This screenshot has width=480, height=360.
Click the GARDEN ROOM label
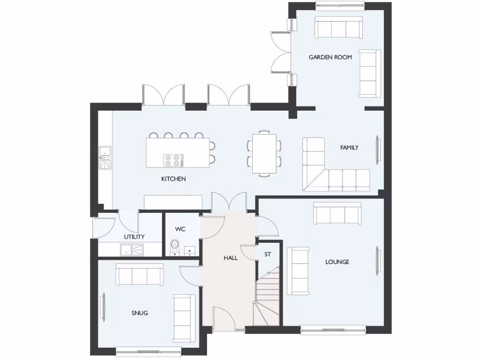(x=330, y=57)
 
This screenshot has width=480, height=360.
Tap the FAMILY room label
(x=349, y=148)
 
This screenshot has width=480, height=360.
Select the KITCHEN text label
(x=173, y=179)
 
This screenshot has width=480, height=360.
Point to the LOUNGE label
(x=337, y=262)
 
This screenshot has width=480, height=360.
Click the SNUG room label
(x=139, y=313)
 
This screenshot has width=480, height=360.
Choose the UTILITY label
(x=134, y=237)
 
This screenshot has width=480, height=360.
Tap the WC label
(x=180, y=229)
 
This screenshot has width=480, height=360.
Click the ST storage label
(x=268, y=255)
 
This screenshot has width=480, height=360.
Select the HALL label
(x=230, y=258)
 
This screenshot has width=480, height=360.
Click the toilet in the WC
(x=175, y=246)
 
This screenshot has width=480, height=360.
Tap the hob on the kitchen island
(x=172, y=160)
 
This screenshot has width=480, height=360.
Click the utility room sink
(x=133, y=250)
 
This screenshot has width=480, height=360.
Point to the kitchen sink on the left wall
(x=105, y=157)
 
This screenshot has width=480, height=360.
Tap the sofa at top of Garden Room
(x=338, y=28)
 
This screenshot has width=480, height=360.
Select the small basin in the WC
(x=190, y=251)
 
